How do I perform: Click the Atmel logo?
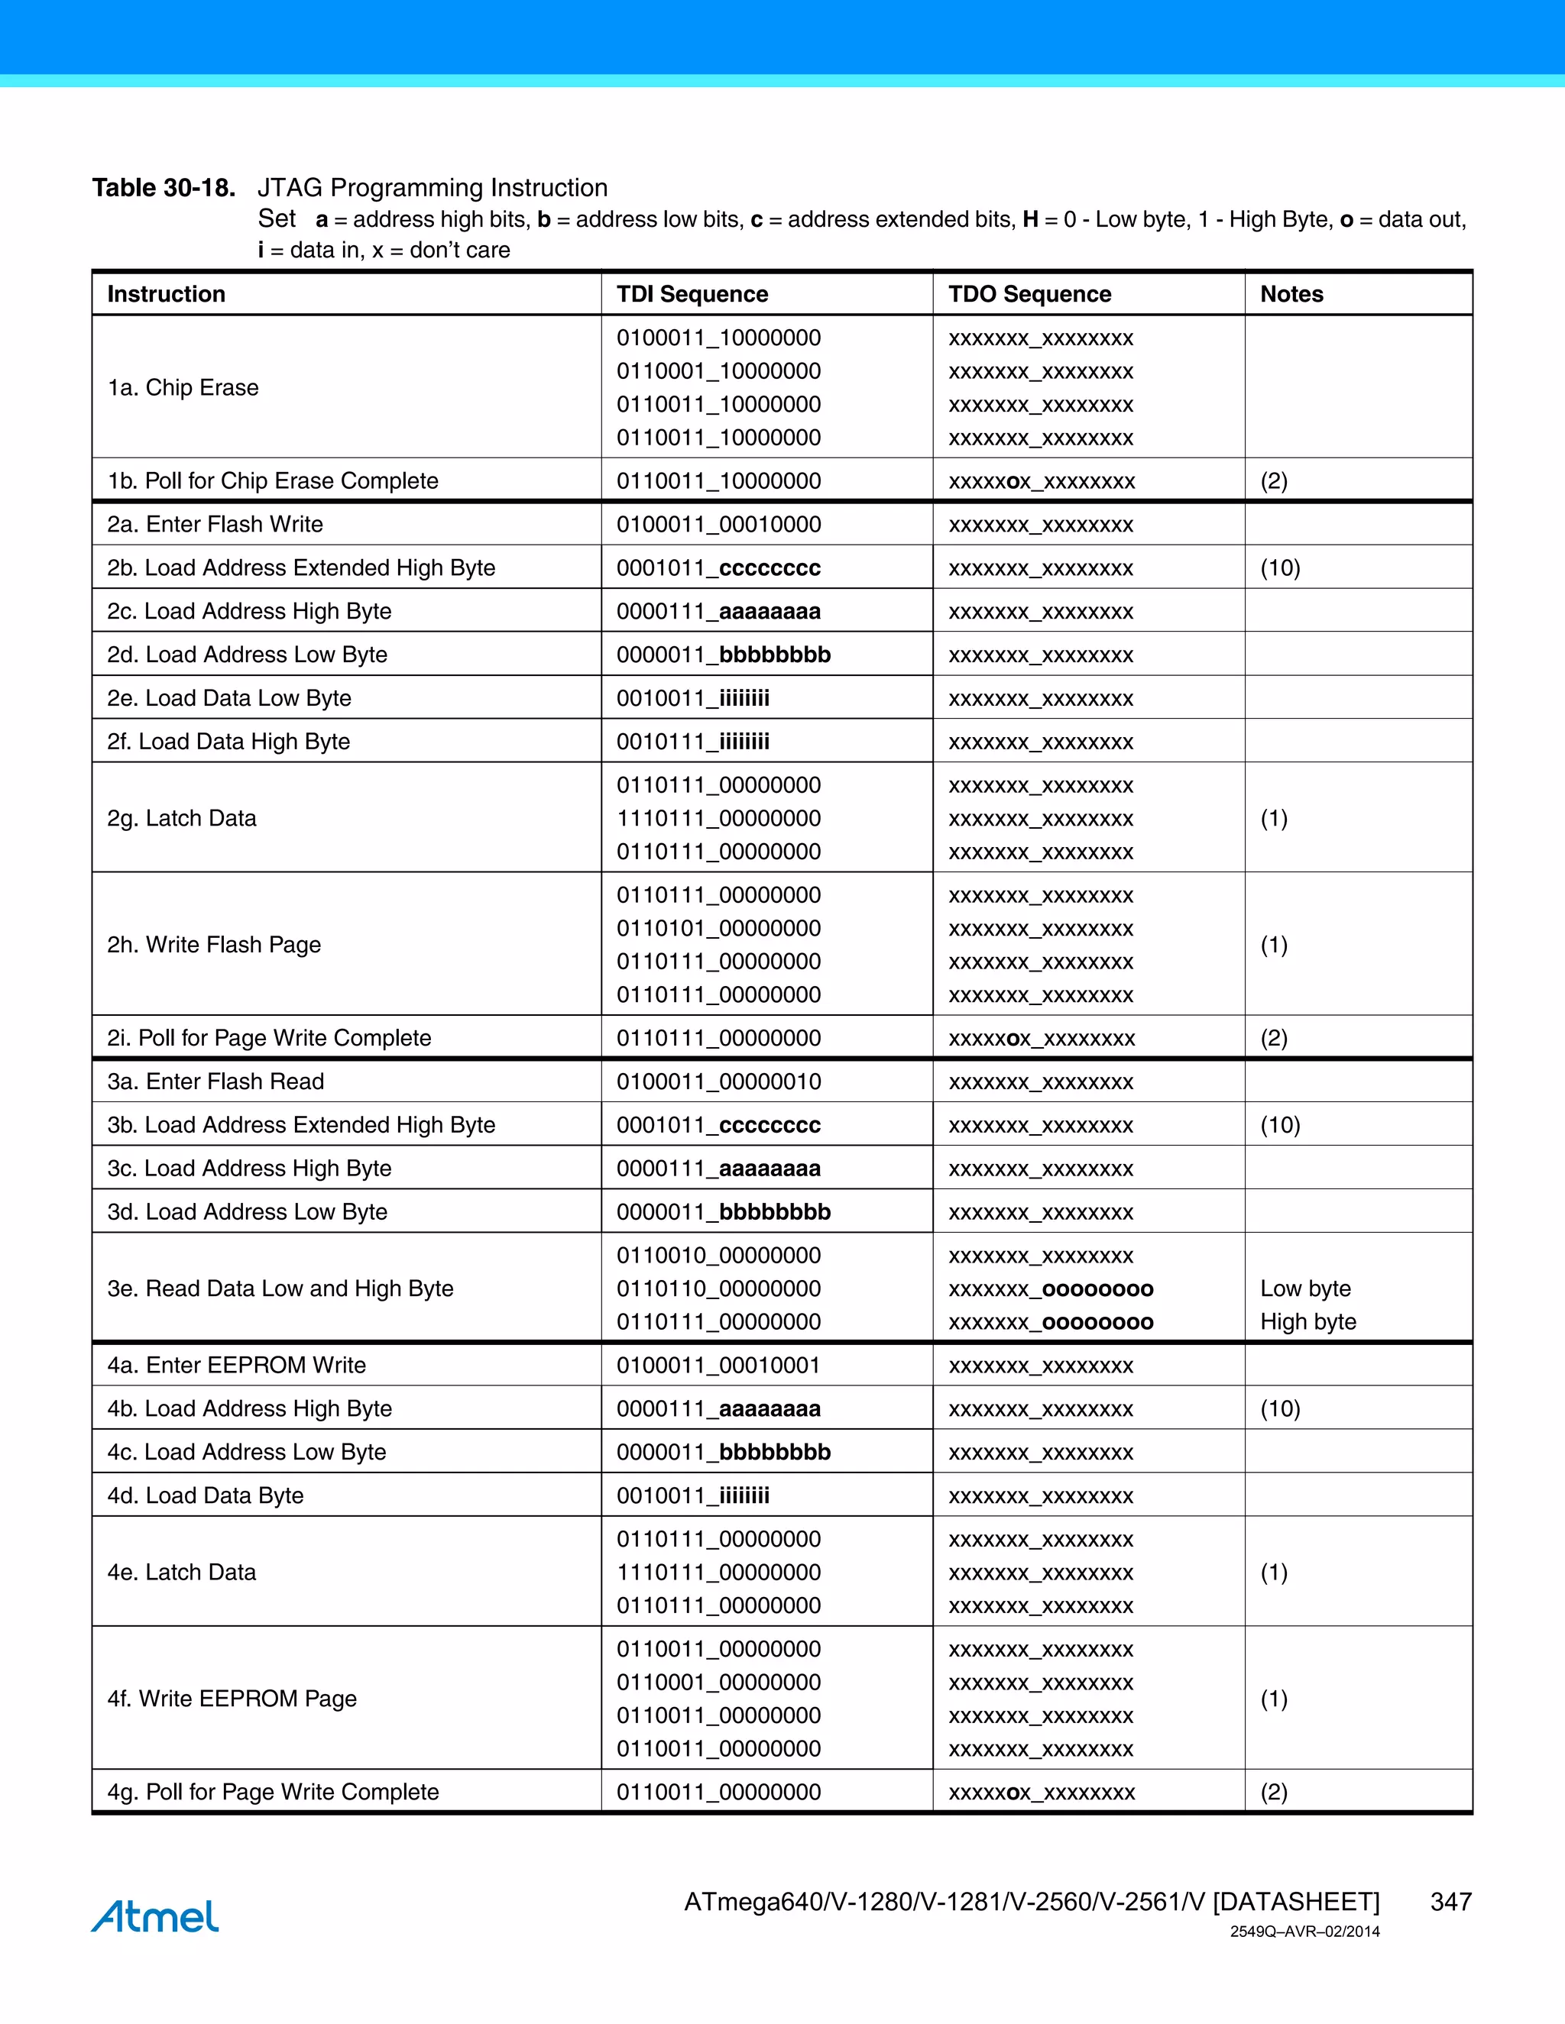[x=155, y=1916]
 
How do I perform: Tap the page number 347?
[x=1450, y=1902]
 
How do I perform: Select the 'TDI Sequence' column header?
[x=692, y=294]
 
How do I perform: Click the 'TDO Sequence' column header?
[x=1029, y=294]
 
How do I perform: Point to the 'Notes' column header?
[x=1291, y=294]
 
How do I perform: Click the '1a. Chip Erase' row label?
[x=183, y=387]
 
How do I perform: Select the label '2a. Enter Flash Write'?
[x=215, y=525]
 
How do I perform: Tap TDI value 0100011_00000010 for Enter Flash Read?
[x=718, y=1082]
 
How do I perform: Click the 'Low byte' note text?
[x=1304, y=1288]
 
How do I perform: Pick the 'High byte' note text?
[x=1307, y=1321]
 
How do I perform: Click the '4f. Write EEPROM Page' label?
[x=232, y=1699]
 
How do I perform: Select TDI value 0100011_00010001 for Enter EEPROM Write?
[x=718, y=1365]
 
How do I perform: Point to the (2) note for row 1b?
[x=1273, y=481]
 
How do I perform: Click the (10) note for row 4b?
[x=1279, y=1408]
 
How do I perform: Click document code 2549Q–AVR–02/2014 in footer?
[x=1304, y=1932]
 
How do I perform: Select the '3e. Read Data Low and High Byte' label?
[x=280, y=1288]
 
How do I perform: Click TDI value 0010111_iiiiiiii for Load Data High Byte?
[x=692, y=742]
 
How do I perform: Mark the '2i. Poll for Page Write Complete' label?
[x=269, y=1038]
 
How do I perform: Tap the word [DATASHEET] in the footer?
[x=1295, y=1902]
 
